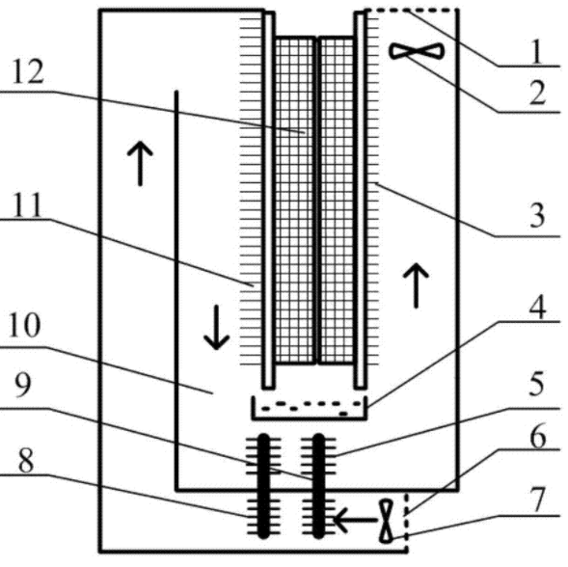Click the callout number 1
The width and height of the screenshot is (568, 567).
[537, 51]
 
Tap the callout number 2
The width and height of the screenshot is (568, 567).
[537, 94]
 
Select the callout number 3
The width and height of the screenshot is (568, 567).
[537, 215]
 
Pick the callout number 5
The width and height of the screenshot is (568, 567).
[536, 384]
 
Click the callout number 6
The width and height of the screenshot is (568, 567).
[538, 436]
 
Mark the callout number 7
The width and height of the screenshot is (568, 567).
[537, 499]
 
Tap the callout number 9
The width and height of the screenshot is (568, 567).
[23, 385]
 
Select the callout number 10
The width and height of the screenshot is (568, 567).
[24, 325]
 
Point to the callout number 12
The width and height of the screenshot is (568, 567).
[28, 71]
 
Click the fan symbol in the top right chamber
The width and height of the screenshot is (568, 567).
[417, 51]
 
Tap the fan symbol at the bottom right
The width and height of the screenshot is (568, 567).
[387, 521]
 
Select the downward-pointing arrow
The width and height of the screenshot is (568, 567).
[216, 327]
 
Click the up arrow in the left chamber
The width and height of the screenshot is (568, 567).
[140, 164]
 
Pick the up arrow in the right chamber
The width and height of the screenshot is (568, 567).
[416, 285]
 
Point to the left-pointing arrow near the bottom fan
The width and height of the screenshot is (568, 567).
[355, 521]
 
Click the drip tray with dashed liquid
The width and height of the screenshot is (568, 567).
[310, 408]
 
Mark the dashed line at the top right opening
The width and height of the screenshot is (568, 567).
[411, 11]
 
